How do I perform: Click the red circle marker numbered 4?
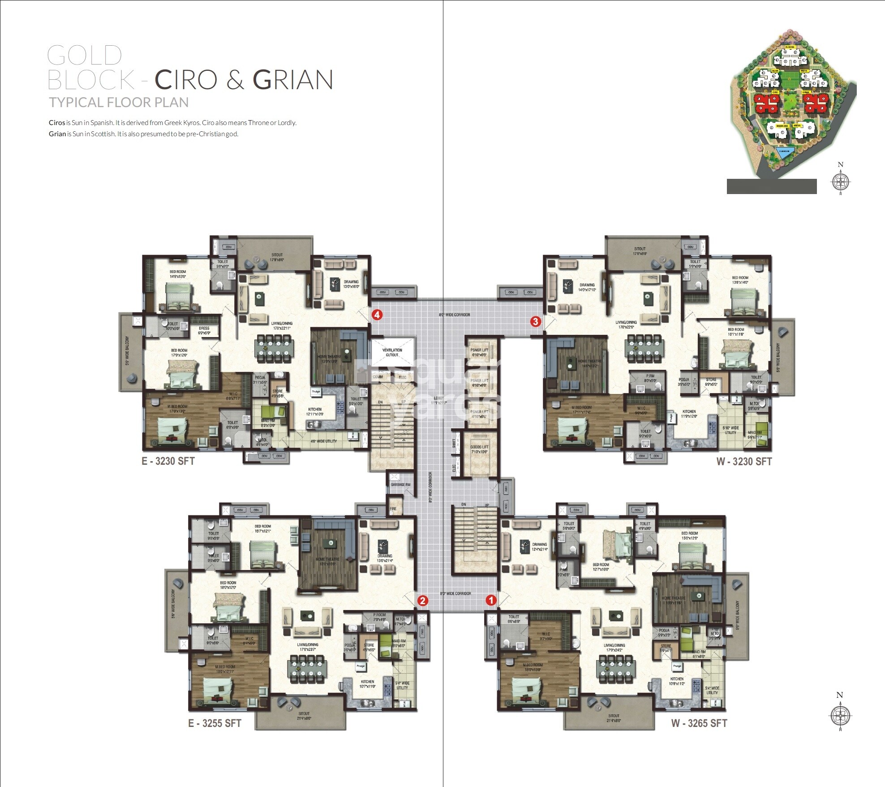coord(377,315)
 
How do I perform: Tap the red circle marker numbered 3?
coord(535,321)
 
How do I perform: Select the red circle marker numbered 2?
coord(422,601)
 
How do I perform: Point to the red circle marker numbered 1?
coord(491,600)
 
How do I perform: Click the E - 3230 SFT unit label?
coord(168,461)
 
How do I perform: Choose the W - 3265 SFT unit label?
coord(699,723)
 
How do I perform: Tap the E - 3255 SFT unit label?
coord(215,723)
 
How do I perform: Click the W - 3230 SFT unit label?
coord(744,461)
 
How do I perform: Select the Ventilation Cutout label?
coord(392,352)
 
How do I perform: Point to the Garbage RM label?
coord(400,484)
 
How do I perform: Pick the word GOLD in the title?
coord(85,56)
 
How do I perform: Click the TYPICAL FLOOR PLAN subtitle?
coord(119,103)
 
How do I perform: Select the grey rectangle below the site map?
coord(771,186)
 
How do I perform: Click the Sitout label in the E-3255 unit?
coord(304,716)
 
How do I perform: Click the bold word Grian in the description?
coord(57,134)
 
